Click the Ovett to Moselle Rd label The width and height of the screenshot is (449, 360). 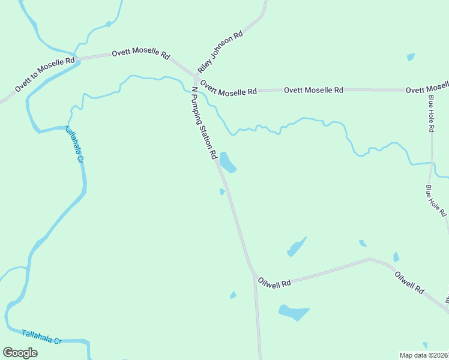point(44,74)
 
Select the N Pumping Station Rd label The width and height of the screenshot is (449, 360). point(203,123)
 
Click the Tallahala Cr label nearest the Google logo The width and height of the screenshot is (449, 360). point(41,337)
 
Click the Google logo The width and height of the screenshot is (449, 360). point(20,353)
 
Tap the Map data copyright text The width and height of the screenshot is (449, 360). point(424,355)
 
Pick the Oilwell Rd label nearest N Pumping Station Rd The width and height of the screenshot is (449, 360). point(274,282)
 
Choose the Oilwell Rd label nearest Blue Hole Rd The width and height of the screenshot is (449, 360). point(409,283)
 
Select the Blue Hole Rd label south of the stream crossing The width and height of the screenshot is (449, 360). point(436,200)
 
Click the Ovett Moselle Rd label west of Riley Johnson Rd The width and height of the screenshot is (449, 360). point(140,54)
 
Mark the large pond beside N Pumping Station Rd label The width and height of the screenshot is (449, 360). point(227,161)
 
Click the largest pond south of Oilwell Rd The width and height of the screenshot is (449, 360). point(294,313)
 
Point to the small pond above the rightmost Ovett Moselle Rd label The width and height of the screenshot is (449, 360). point(411,57)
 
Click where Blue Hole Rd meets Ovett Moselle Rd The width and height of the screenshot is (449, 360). point(431,91)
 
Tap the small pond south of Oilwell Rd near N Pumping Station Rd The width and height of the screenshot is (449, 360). point(233,295)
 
